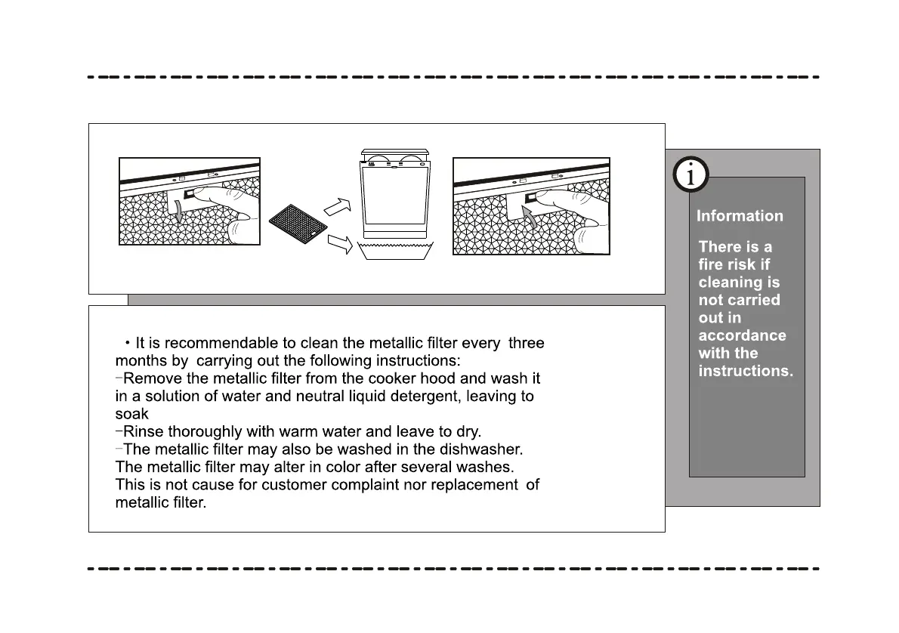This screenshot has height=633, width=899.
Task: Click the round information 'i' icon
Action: [x=690, y=175]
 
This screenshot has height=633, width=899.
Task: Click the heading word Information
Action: [x=740, y=216]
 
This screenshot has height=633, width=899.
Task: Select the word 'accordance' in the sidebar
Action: [x=742, y=335]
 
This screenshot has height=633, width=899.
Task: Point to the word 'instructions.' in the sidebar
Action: [x=746, y=371]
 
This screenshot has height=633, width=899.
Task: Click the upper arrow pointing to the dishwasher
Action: [x=337, y=205]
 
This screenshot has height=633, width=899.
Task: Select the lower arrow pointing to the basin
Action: [x=341, y=244]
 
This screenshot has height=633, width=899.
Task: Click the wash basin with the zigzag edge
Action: [x=396, y=252]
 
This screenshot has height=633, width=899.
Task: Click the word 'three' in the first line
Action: [x=527, y=343]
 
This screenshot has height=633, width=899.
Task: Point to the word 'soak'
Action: [x=131, y=414]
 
